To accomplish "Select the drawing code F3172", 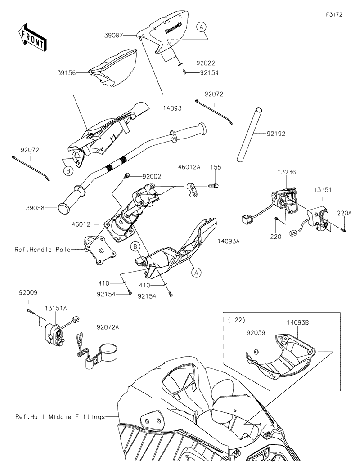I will tap(334, 14).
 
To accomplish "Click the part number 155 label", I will tap(216, 167).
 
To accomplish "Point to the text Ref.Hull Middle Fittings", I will tap(60, 417).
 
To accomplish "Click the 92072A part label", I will tap(108, 328).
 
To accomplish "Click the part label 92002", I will tap(152, 177).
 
